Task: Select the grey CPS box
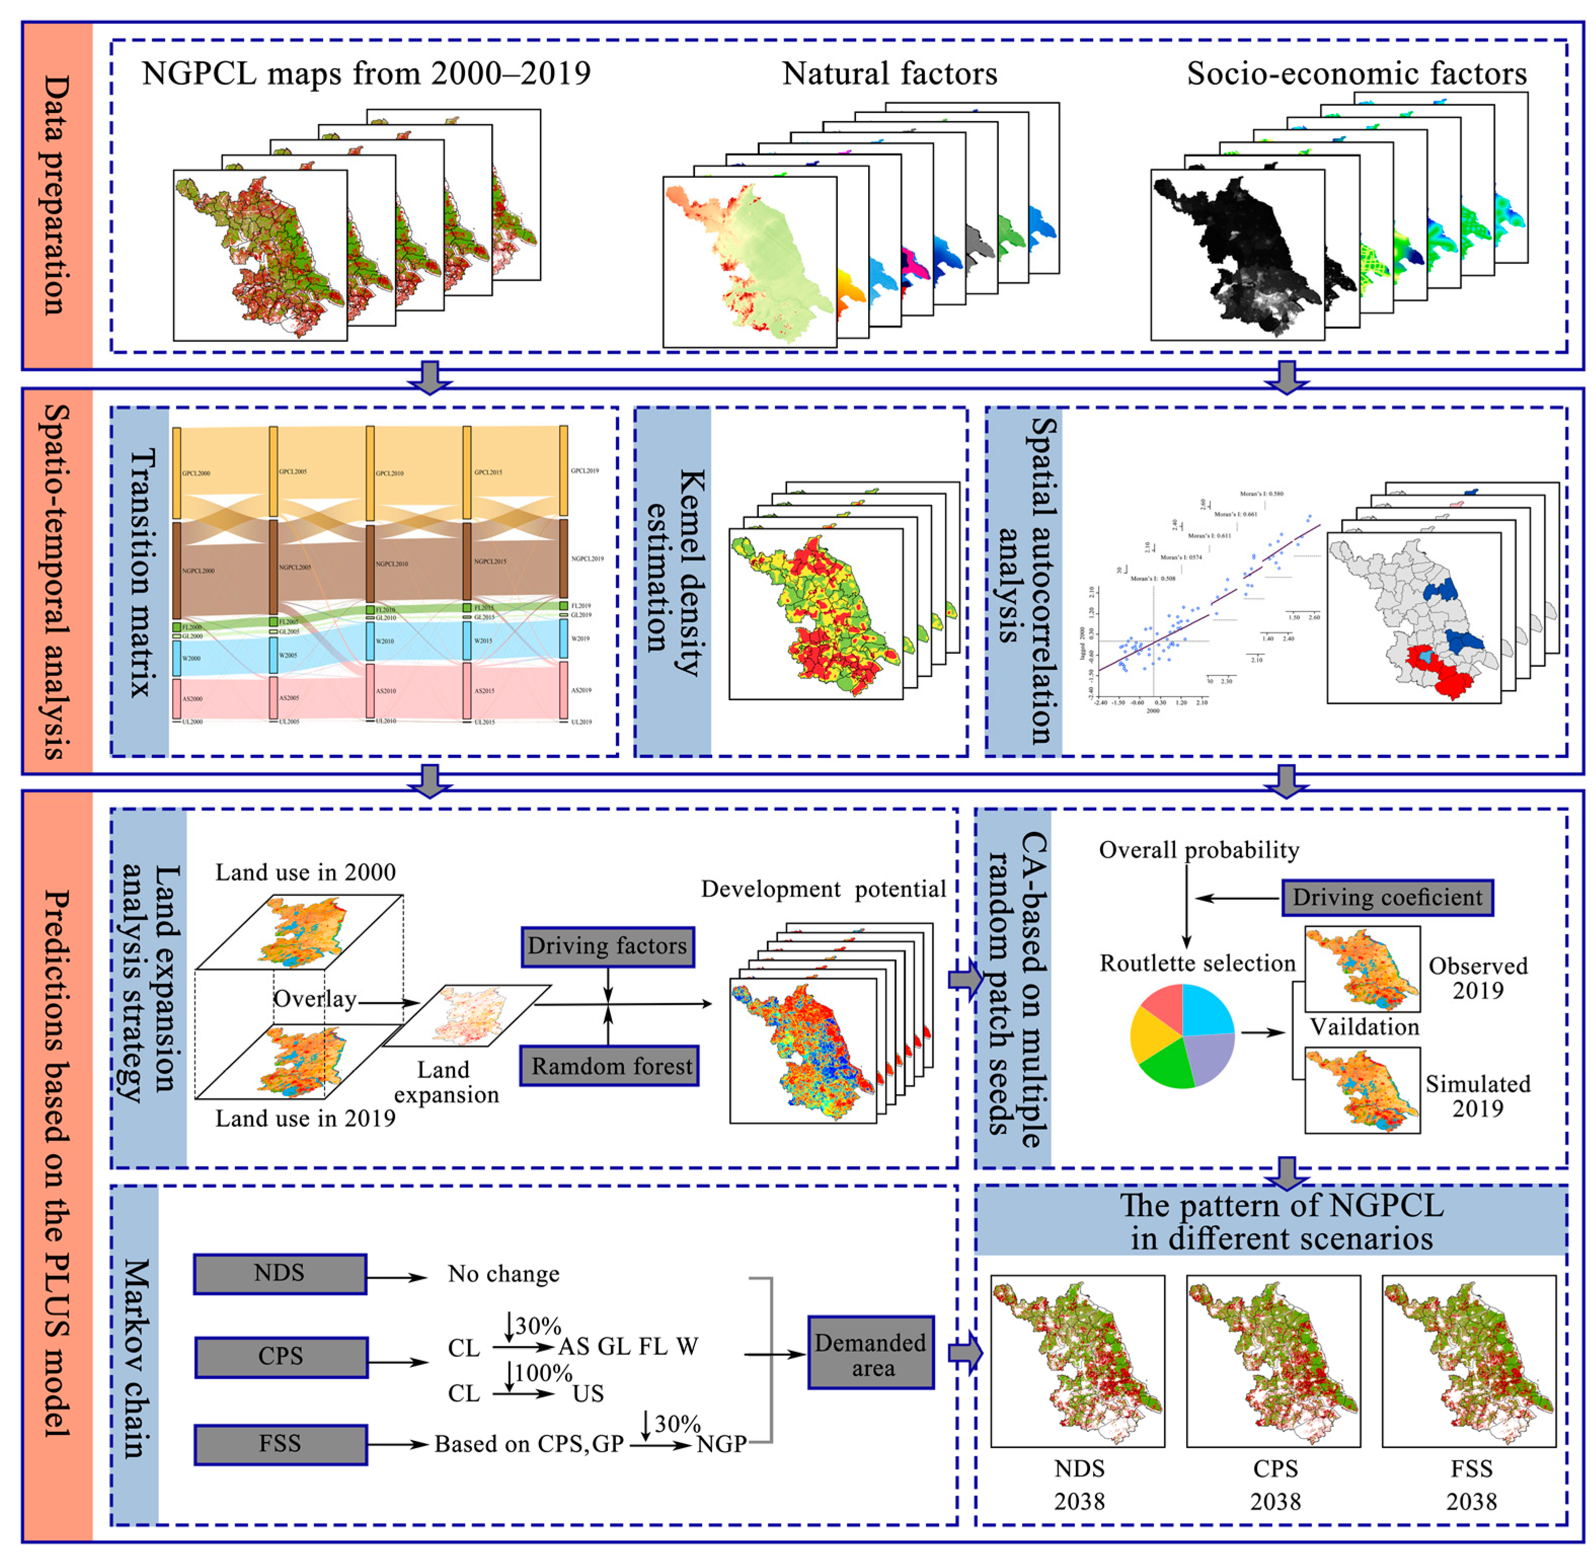click(281, 1357)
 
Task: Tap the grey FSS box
click(281, 1443)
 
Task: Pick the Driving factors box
click(607, 946)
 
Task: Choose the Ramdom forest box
click(610, 1066)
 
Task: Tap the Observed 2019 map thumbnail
click(1362, 969)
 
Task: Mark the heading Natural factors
click(889, 73)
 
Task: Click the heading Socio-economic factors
click(1356, 73)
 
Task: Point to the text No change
click(503, 1274)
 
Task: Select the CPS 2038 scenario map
click(1273, 1361)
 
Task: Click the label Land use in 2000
click(305, 872)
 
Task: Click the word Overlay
click(315, 999)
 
